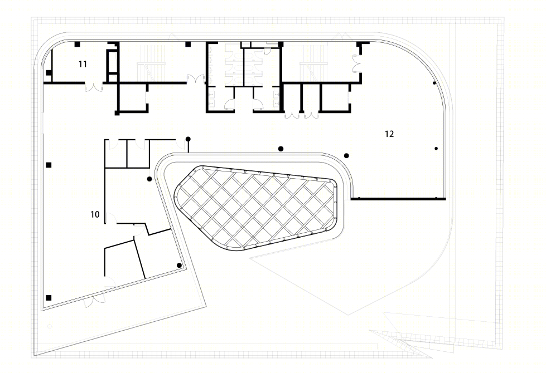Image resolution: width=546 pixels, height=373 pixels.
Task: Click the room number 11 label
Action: coord(83,64)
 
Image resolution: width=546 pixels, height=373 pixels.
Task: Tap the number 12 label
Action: coord(389,134)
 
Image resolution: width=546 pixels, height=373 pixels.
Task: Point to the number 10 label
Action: coord(95,214)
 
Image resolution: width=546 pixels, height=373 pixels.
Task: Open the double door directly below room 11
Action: coord(94,87)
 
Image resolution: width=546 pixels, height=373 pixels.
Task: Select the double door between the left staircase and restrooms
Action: coord(196,79)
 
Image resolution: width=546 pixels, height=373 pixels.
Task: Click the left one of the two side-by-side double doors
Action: coord(292,115)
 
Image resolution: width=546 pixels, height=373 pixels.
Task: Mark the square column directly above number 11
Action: coord(78,44)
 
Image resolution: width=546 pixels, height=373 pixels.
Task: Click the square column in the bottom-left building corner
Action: coord(49,298)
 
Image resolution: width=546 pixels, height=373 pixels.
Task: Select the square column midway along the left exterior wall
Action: coord(49,165)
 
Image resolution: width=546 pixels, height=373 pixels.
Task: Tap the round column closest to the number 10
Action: coord(149,179)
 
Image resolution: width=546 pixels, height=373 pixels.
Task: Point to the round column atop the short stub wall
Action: coord(188,139)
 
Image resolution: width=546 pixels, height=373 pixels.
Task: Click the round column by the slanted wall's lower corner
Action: coord(179,266)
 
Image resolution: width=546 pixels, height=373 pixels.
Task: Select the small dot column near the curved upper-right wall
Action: coord(434,83)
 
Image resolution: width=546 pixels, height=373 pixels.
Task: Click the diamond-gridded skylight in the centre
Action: coord(256,208)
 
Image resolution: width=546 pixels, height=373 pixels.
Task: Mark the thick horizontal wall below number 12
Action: coord(398,199)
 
